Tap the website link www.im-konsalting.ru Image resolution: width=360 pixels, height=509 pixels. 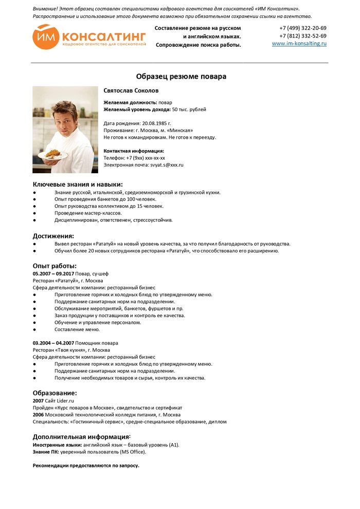(x=299, y=44)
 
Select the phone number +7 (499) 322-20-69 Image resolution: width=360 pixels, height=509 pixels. (x=303, y=28)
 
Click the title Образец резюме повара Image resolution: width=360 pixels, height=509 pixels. (x=181, y=77)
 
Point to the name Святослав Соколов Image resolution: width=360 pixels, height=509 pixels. (x=131, y=90)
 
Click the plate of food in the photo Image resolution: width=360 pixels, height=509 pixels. (x=53, y=154)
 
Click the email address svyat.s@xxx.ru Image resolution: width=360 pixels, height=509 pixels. (x=167, y=165)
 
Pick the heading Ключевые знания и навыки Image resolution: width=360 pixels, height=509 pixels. (x=78, y=184)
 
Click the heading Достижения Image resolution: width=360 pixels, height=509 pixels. (x=53, y=236)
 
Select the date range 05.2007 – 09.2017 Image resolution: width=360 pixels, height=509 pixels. (x=53, y=274)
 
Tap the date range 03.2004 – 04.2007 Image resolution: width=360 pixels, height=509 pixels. (x=53, y=343)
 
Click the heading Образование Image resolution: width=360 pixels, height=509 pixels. (x=55, y=393)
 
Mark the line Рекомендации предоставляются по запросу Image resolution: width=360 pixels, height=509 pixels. (x=86, y=465)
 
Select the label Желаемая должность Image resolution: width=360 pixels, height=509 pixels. (x=130, y=102)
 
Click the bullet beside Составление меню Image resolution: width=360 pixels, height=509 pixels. (x=34, y=330)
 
